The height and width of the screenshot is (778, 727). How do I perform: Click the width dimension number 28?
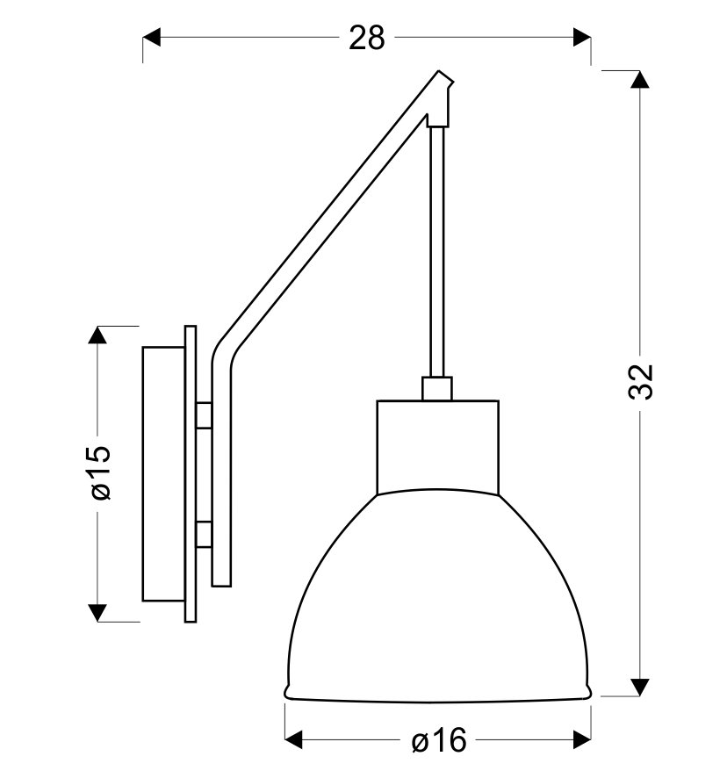pos(366,38)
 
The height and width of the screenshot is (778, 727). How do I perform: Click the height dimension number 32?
pos(643,380)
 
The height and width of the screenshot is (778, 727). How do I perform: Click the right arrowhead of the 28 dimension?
pos(581,37)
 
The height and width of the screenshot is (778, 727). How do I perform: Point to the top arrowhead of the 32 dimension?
pos(642,79)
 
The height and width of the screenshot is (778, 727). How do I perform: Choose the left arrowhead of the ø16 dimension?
pos(295,738)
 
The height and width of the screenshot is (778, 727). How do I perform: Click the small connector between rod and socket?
pos(436,389)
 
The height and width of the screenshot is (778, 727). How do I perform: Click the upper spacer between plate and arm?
pos(204,415)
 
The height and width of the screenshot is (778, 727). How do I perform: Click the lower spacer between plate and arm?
pos(204,533)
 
